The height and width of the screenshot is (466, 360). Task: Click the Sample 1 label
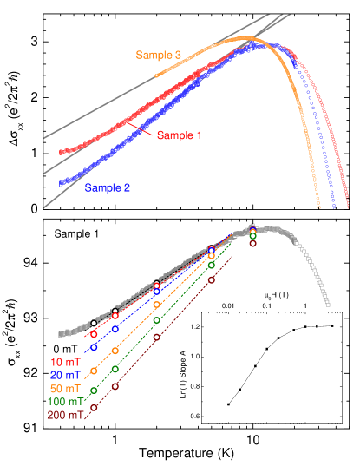pos(179,136)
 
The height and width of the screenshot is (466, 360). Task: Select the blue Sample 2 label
pos(108,187)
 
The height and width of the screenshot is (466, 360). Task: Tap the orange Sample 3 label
pos(158,56)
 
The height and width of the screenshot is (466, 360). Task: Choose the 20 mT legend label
pos(68,374)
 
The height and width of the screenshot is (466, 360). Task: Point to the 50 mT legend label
pos(68,388)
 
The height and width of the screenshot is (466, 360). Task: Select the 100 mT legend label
pos(66,402)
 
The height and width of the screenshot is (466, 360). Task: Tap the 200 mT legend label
pos(66,416)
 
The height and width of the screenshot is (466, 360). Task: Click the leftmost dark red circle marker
pos(94,406)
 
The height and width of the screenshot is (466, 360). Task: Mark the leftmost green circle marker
pos(94,391)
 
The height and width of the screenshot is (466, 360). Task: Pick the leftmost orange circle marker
pos(94,371)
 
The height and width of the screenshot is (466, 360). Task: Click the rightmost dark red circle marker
pos(252,244)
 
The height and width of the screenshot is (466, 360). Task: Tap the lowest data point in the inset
pos(229,404)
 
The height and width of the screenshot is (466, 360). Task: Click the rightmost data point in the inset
pos(332,325)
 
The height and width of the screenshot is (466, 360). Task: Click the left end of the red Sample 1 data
pos(62,152)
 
